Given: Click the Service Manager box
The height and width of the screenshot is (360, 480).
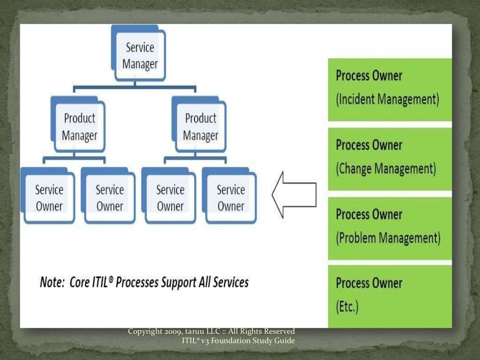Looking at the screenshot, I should (140, 56).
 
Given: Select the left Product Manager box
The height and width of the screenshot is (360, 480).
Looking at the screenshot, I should (80, 127).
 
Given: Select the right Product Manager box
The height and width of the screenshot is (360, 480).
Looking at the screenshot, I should (201, 127).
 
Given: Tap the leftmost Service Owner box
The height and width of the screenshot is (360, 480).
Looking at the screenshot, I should (49, 198).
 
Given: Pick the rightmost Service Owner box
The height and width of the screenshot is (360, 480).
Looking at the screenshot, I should (231, 198).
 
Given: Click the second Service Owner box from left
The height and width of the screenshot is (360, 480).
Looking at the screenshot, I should (110, 198).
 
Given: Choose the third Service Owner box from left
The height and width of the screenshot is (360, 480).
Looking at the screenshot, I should (170, 198).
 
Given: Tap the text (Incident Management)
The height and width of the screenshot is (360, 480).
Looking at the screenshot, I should (387, 99).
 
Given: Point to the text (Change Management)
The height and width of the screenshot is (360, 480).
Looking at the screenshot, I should (386, 168).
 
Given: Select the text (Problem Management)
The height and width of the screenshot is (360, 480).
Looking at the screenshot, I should (388, 238).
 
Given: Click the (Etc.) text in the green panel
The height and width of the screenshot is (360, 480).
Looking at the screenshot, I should (347, 307).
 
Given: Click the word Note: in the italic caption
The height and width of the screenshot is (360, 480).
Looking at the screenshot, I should (52, 282).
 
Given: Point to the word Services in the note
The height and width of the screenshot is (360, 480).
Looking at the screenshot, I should (230, 282).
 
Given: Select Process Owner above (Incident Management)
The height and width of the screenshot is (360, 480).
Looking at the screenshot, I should (369, 76).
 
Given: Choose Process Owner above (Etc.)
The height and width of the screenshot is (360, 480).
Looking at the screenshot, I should (369, 284).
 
